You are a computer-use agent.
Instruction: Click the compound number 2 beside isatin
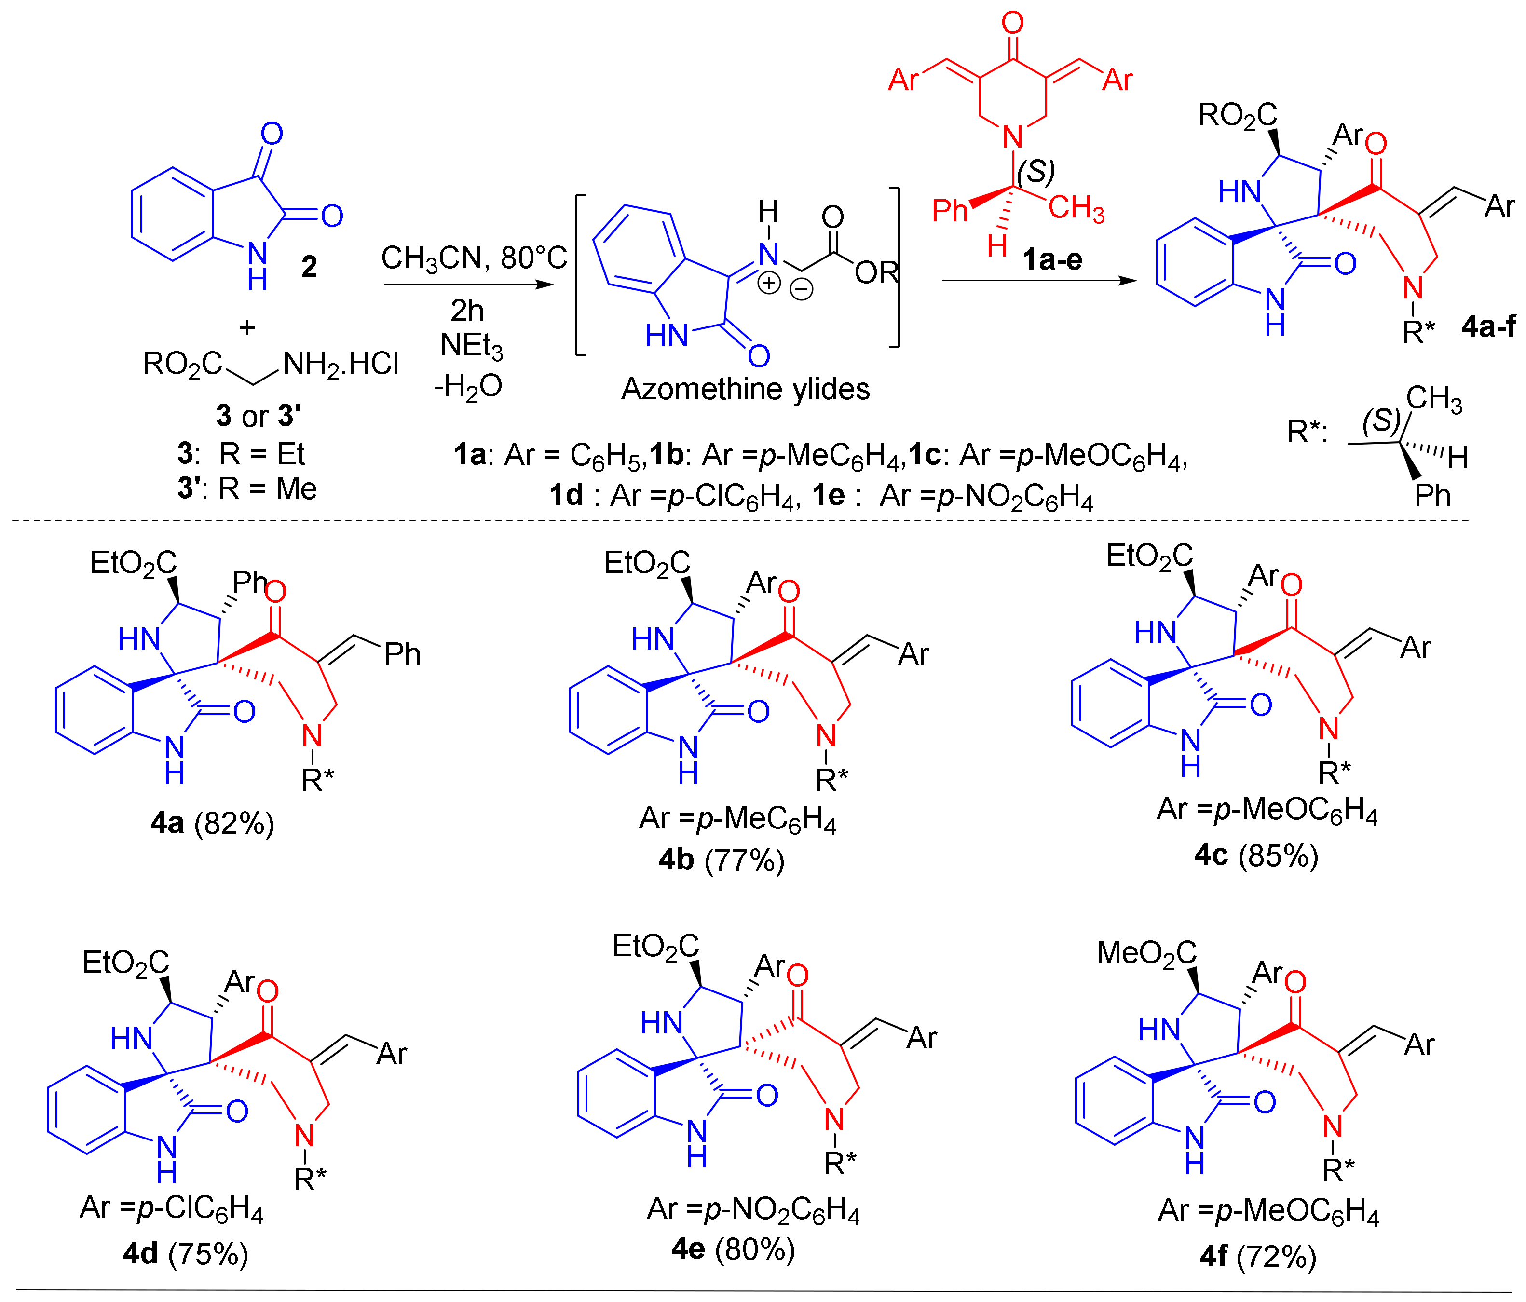pos(309,267)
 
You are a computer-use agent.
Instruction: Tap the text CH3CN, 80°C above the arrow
pos(474,258)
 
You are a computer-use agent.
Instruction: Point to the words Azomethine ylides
pos(745,389)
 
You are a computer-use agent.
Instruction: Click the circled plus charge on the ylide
pos(769,283)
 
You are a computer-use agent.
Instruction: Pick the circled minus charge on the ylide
pos(801,289)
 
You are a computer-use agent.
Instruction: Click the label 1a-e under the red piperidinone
pos(1052,259)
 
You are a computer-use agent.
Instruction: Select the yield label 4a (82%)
pos(212,823)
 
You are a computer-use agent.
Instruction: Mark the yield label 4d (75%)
pos(186,1253)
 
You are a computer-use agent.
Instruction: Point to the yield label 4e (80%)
pos(733,1249)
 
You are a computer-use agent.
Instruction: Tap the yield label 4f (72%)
pos(1257,1256)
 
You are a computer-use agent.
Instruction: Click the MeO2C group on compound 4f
pos(1146,953)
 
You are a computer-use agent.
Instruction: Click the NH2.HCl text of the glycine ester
pos(340,364)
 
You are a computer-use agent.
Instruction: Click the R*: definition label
pos(1307,432)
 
